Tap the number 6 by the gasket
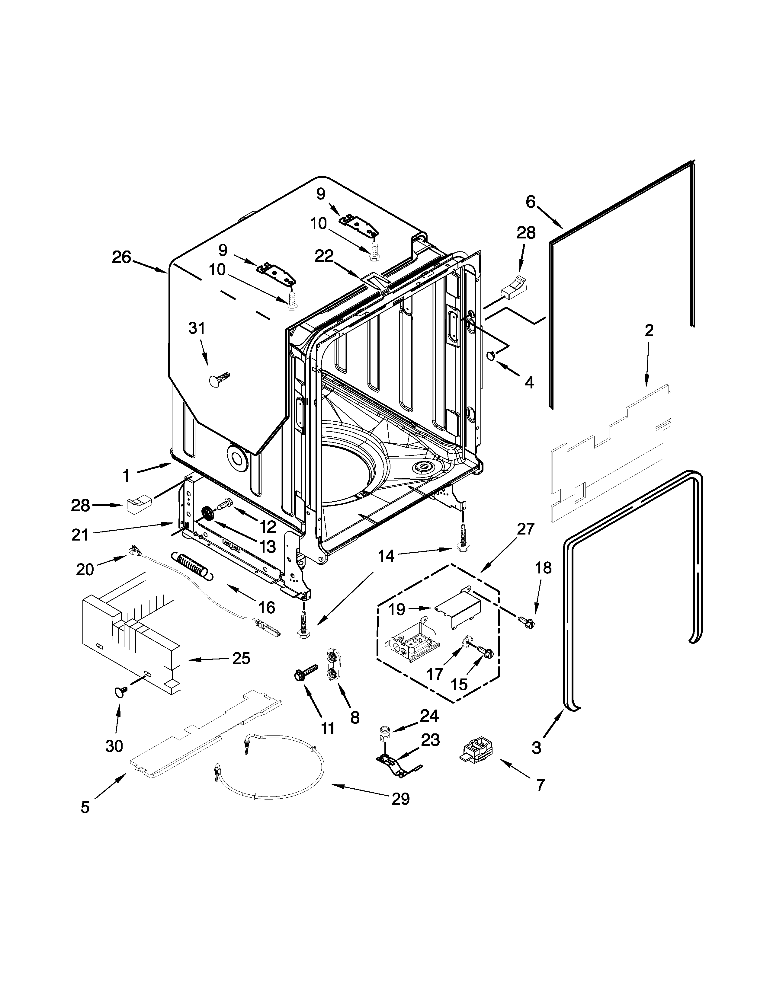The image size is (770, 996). [x=530, y=202]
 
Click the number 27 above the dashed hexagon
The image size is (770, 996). [x=525, y=529]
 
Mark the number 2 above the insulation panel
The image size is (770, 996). [x=649, y=330]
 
